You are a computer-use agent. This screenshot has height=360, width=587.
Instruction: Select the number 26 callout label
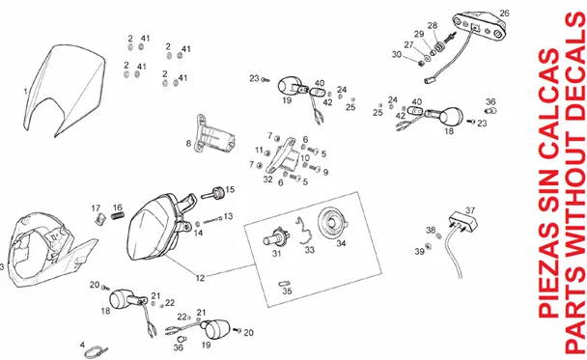point(504,14)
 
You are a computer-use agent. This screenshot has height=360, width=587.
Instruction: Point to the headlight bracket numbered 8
point(213,135)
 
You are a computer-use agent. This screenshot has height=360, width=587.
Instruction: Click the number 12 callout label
point(200,278)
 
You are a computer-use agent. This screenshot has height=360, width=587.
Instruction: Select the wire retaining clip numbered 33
point(305,232)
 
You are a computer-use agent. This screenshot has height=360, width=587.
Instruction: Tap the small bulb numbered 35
point(285,284)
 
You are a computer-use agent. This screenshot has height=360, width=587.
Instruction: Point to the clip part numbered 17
point(99,218)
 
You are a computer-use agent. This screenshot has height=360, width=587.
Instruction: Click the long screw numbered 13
point(212,220)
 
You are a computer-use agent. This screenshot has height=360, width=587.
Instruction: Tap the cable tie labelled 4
point(96,351)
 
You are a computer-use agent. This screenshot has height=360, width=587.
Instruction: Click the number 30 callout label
point(397,54)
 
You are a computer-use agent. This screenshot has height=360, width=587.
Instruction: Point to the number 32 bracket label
point(267,180)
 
